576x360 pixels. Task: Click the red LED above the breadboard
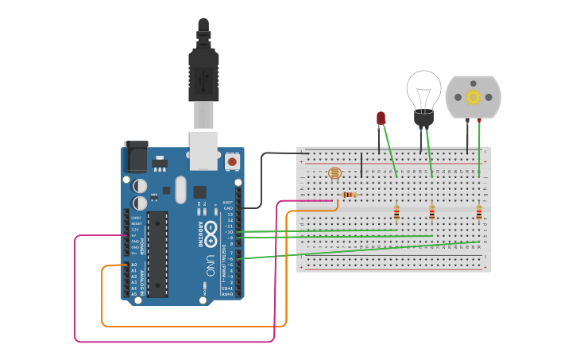[381, 118]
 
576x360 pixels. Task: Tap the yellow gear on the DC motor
[474, 97]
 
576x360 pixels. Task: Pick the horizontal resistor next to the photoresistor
[349, 195]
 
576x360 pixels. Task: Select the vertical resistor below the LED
[396, 213]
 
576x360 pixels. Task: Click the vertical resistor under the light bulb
[431, 213]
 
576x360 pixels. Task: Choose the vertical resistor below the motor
[479, 213]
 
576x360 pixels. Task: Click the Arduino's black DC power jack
[136, 157]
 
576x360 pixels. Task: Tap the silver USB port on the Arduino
[203, 150]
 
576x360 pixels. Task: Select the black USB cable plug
[203, 75]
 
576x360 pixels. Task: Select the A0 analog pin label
[133, 265]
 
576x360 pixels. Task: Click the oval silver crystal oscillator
[180, 190]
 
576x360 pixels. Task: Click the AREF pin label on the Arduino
[228, 203]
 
